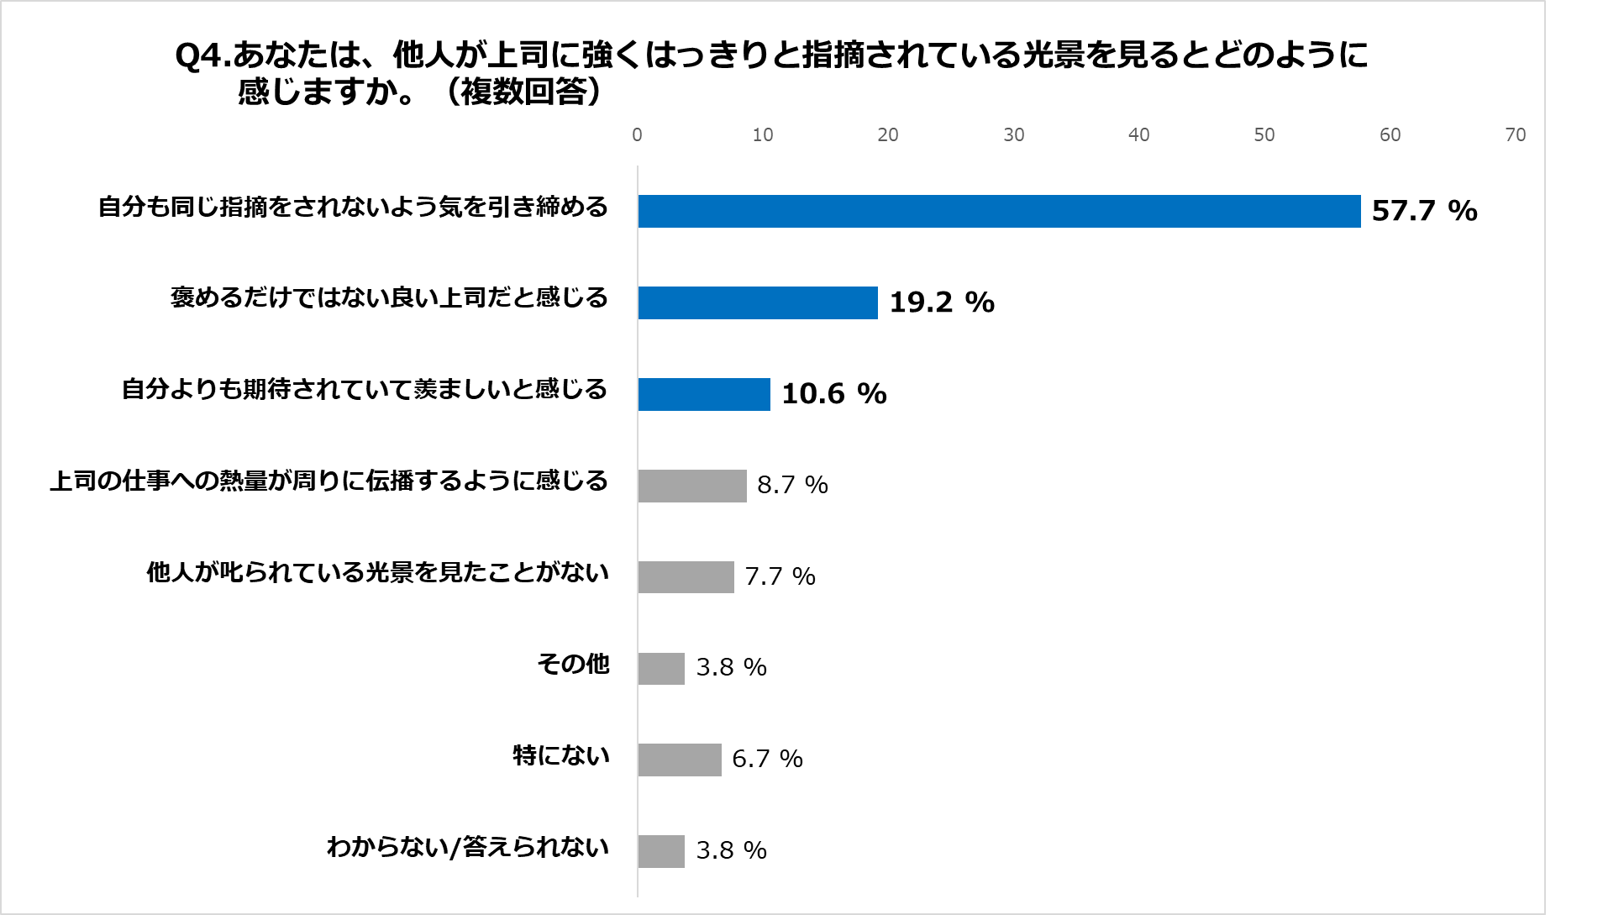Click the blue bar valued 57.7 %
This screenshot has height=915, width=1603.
[x=999, y=211]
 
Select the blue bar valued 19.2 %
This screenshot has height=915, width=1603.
[x=758, y=302]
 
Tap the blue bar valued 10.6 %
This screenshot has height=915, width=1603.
[x=704, y=394]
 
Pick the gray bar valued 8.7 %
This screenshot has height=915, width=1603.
[x=692, y=486]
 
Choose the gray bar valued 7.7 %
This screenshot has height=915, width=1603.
[x=686, y=577]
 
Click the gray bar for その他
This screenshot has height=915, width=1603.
[x=661, y=669]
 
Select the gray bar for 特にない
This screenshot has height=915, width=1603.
[x=680, y=760]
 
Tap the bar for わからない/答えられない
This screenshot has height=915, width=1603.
[x=661, y=851]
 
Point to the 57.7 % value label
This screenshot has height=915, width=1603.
[x=1424, y=211]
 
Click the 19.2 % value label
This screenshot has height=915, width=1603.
[x=942, y=302]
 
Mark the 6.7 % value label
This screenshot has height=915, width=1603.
[x=767, y=760]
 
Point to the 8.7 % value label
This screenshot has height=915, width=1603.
[x=792, y=486]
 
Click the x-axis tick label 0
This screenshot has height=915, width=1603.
[x=637, y=135]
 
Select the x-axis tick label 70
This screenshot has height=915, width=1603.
[x=1515, y=135]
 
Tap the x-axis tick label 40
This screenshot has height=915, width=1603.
[x=1138, y=135]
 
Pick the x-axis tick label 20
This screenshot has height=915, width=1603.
[x=887, y=135]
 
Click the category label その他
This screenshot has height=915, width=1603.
[x=573, y=665]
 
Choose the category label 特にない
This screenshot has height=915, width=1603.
[x=561, y=756]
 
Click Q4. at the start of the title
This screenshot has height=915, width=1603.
[x=202, y=56]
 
